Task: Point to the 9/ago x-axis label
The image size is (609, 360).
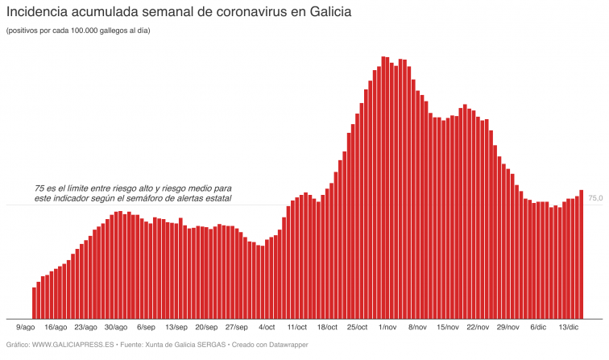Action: click(x=26, y=328)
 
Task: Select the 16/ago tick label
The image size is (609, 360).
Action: click(x=56, y=328)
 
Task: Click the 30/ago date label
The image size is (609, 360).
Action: click(x=116, y=328)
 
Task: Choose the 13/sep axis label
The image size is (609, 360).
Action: click(x=176, y=328)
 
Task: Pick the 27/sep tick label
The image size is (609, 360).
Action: click(x=237, y=328)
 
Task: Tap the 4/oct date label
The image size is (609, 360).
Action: click(x=267, y=328)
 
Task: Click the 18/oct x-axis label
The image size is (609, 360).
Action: click(x=327, y=328)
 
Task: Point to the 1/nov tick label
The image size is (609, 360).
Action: click(x=387, y=328)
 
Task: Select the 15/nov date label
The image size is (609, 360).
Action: click(x=448, y=328)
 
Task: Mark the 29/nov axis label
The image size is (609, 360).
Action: click(x=508, y=328)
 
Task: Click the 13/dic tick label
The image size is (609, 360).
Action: click(x=569, y=328)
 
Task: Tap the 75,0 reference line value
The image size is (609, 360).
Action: click(x=595, y=198)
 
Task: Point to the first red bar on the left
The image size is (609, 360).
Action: click(x=34, y=302)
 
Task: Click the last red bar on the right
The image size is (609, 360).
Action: click(x=582, y=254)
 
